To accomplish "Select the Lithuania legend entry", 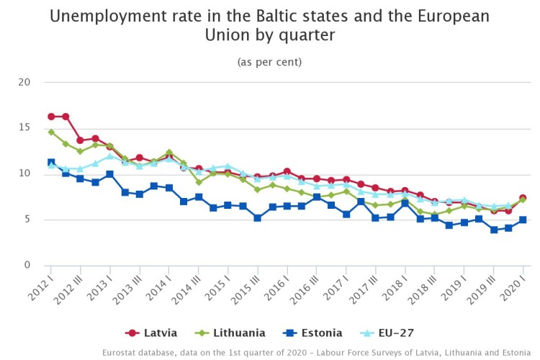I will [232, 333].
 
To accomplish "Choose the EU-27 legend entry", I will [387, 333].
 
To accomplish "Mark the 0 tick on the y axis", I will [27, 266].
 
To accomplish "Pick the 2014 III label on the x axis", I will [186, 286].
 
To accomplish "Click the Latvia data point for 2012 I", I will [51, 117].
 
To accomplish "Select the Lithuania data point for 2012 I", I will [51, 132].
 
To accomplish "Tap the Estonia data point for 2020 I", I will [523, 220].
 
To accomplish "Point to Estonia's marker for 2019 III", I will [493, 230].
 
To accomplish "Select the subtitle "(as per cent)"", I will [269, 62].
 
